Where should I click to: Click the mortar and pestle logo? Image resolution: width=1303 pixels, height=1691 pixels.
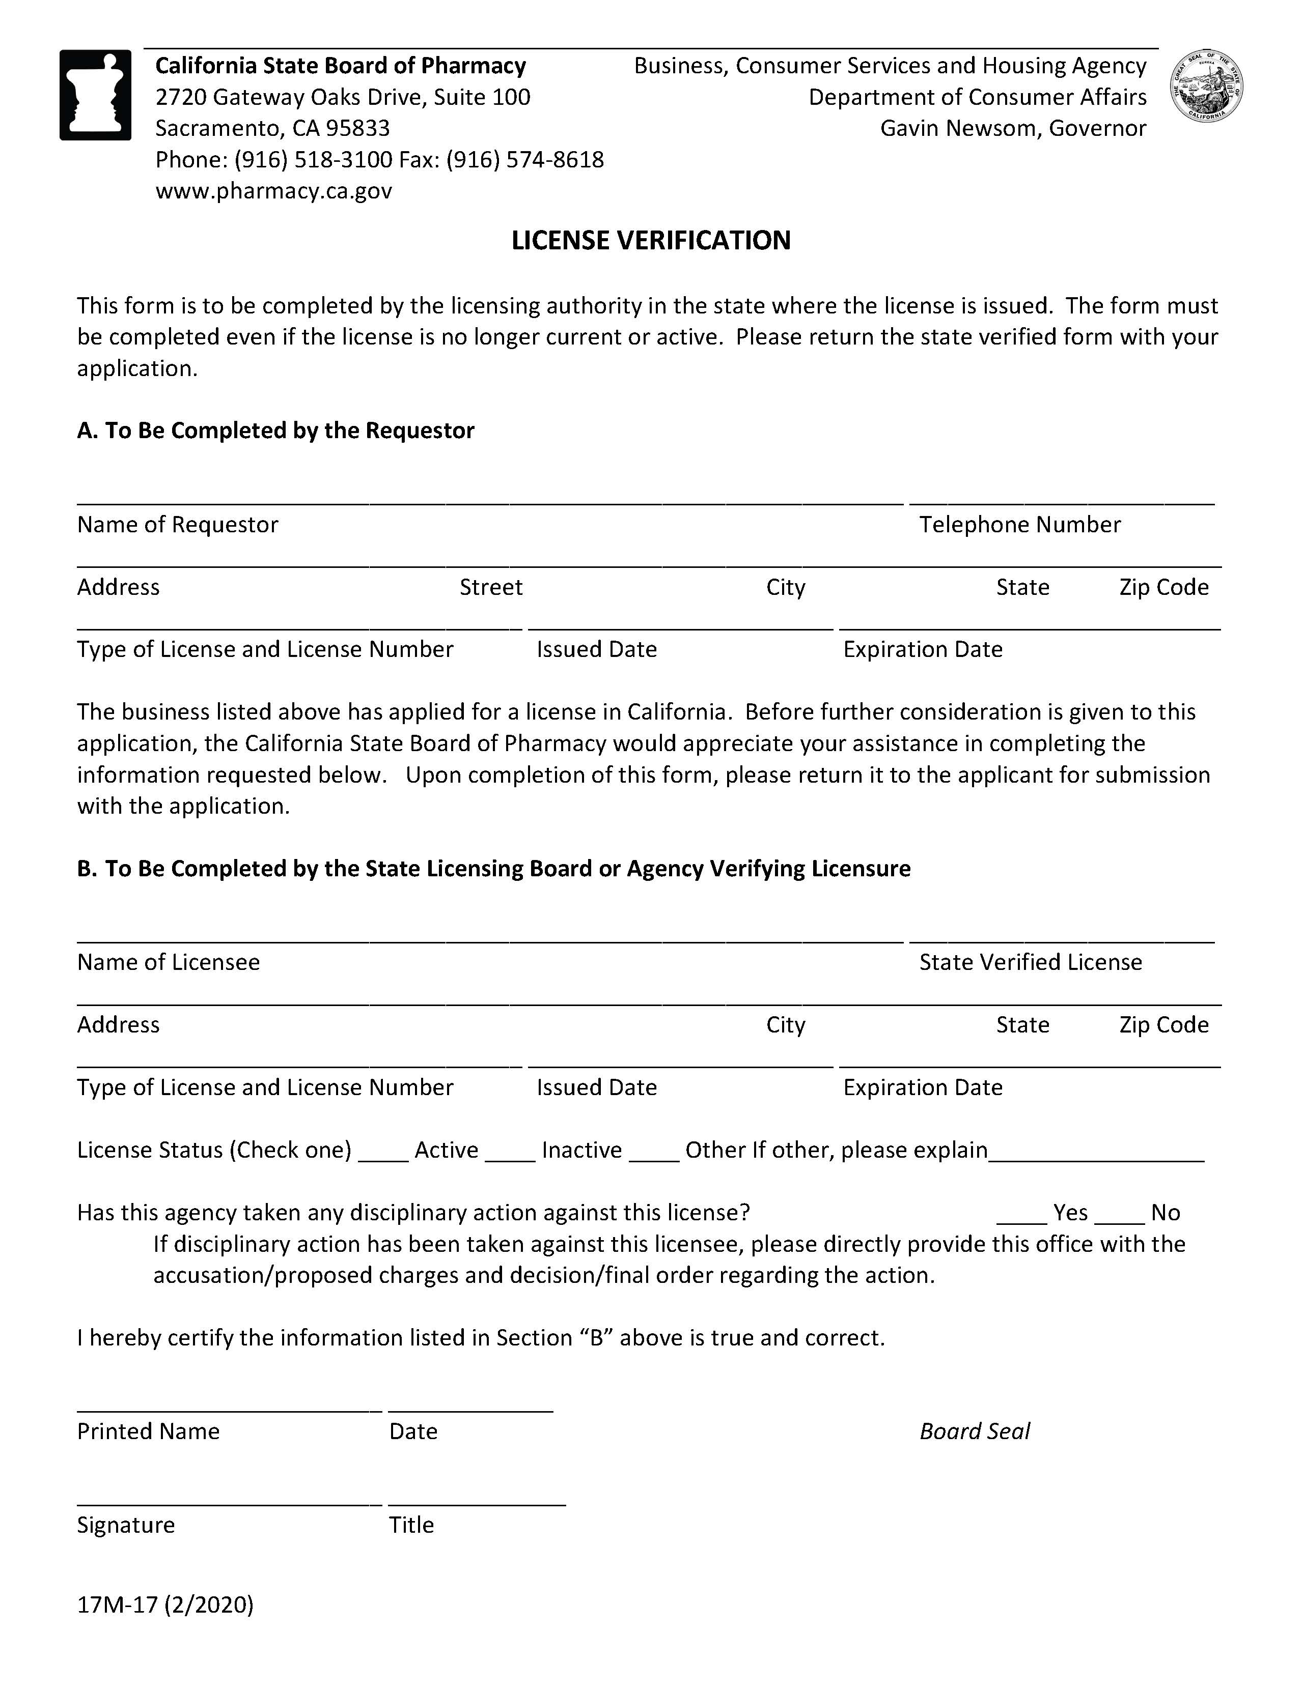(x=95, y=95)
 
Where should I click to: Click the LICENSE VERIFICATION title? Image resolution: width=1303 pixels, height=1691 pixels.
(x=651, y=240)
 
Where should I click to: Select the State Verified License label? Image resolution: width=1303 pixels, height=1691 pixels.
(x=1030, y=962)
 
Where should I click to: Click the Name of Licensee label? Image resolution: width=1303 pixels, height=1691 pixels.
(x=168, y=962)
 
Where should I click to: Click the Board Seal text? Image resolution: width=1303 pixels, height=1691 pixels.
(x=975, y=1431)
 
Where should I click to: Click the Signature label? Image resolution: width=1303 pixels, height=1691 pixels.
(x=125, y=1525)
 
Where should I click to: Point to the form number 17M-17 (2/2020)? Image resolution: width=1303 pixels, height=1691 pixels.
(x=165, y=1604)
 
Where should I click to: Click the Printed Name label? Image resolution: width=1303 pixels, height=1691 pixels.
(x=148, y=1431)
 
